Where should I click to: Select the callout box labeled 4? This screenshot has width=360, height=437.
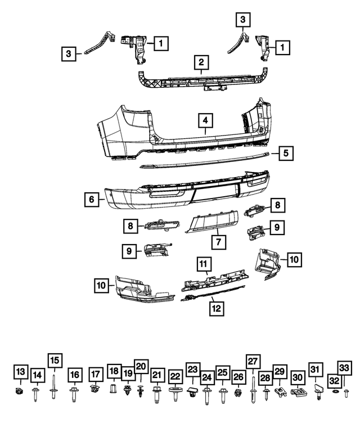click(205, 121)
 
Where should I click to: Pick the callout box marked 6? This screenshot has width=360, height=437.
click(89, 199)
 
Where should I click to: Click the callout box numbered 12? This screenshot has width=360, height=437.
click(216, 308)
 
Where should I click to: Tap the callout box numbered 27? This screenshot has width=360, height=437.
click(252, 362)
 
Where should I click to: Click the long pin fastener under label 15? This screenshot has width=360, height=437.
click(54, 389)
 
